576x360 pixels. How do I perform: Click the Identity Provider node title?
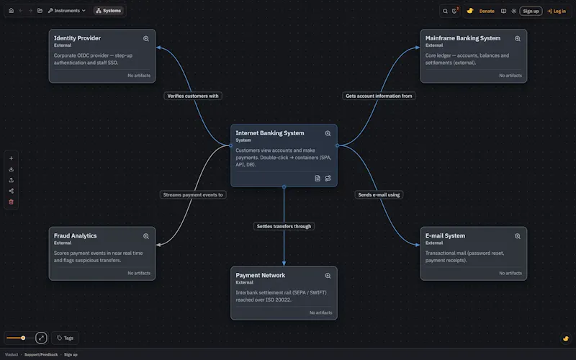(x=77, y=38)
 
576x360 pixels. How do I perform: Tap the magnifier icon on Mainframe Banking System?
(x=517, y=39)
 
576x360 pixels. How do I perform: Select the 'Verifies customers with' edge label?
(x=193, y=96)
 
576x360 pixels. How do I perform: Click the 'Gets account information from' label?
(x=379, y=96)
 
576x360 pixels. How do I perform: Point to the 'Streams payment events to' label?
(x=193, y=194)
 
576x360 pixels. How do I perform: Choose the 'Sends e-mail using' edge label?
(x=379, y=194)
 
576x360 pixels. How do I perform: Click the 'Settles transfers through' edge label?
(x=284, y=226)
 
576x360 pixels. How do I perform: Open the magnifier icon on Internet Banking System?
(x=328, y=134)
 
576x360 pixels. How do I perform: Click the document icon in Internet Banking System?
(x=318, y=179)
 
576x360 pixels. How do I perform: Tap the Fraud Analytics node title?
(x=76, y=236)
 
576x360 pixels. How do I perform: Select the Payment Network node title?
(x=261, y=276)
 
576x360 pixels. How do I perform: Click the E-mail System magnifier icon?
(x=517, y=236)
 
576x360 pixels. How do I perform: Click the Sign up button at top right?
(x=531, y=11)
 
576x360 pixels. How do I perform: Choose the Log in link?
(x=557, y=11)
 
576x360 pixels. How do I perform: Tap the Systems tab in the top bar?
(x=109, y=11)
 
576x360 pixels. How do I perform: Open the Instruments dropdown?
(x=67, y=11)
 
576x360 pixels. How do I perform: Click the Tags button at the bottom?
(x=65, y=338)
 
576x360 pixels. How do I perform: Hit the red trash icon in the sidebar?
(x=11, y=202)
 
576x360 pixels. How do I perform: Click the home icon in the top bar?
(x=11, y=11)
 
